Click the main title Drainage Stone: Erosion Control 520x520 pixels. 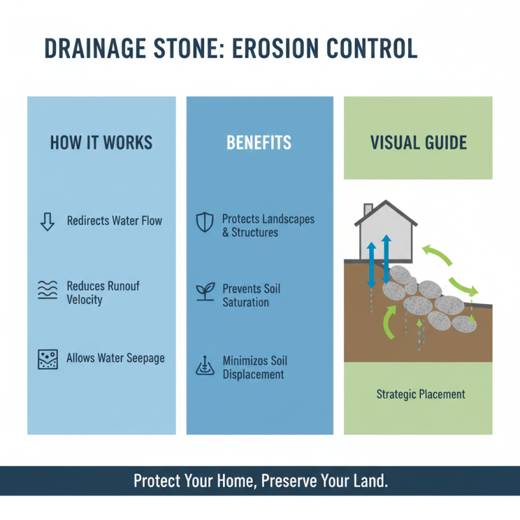click(230, 50)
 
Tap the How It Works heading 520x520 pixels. click(101, 143)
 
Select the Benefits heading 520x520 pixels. click(259, 143)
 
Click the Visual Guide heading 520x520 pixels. click(418, 143)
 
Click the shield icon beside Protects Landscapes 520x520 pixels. click(205, 223)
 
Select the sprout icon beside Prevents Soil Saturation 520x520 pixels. click(205, 292)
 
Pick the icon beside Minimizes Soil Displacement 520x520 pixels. click(205, 367)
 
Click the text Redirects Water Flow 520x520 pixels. click(114, 221)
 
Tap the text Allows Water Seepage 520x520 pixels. click(115, 358)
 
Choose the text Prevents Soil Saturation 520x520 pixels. click(251, 296)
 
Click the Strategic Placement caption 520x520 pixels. click(421, 395)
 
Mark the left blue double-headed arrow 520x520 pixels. click(371, 265)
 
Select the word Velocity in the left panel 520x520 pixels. click(84, 300)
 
